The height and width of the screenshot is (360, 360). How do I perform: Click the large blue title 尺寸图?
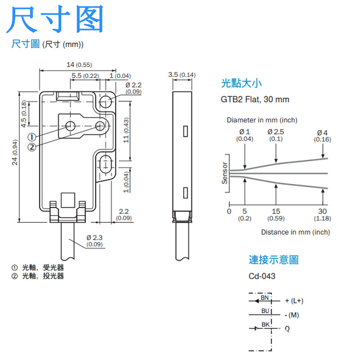coord(56,20)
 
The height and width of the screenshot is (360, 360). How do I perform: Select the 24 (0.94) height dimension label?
coord(15,153)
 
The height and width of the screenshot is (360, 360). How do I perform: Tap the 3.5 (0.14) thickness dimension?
coord(181,74)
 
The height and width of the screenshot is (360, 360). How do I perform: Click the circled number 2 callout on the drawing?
coord(31,147)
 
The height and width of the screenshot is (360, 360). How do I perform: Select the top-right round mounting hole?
coord(106,101)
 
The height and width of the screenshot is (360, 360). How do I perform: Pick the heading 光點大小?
coord(241,83)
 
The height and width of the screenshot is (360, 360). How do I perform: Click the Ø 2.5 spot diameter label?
coord(275,132)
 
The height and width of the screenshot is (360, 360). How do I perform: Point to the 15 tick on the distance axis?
coord(276,211)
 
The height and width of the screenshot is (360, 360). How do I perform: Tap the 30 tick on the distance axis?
coord(323,211)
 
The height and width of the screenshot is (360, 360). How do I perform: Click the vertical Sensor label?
coord(225,173)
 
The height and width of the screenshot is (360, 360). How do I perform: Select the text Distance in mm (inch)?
coord(295,232)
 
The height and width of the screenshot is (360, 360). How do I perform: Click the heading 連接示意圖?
coord(274,260)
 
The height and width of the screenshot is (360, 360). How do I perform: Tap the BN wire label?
coord(265,297)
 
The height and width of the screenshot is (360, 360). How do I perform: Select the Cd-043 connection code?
coord(262,276)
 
